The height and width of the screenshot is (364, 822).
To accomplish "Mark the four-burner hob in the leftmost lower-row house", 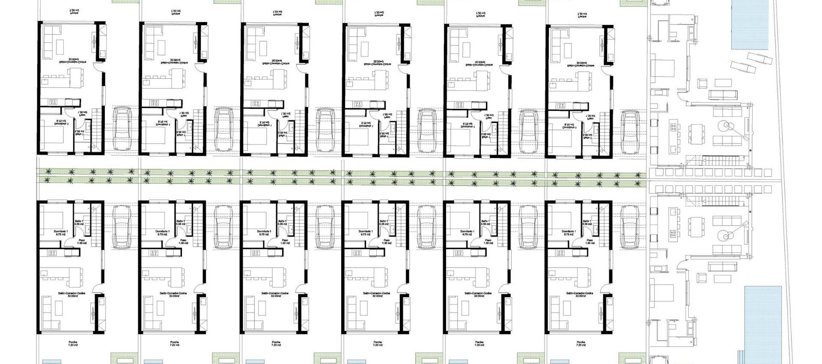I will pos(53,253).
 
